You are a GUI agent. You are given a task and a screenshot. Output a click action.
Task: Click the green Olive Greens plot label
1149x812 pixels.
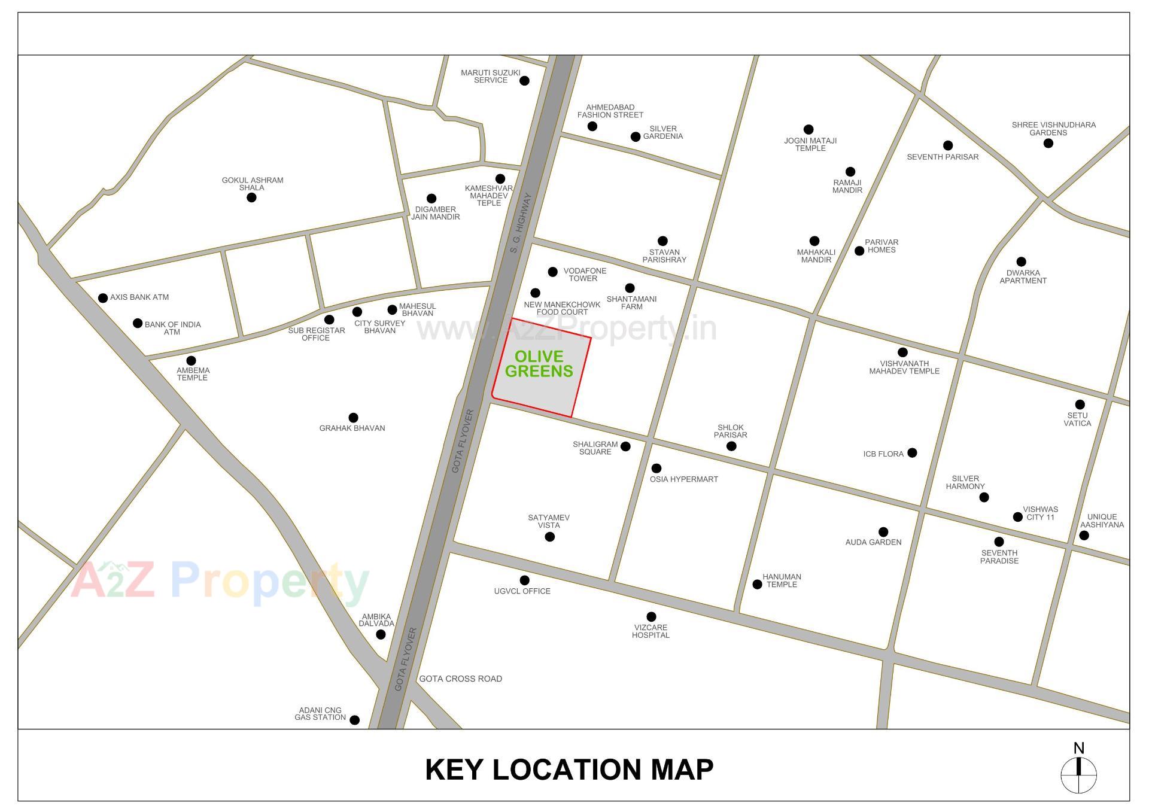(x=539, y=364)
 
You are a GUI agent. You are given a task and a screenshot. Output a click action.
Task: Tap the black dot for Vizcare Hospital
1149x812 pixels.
(x=651, y=616)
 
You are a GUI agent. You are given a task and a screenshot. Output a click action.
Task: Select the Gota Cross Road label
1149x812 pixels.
(x=460, y=679)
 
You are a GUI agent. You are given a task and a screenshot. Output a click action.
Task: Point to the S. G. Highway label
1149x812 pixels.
(x=521, y=222)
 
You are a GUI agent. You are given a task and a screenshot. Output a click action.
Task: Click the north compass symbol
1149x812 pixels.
(x=1078, y=775)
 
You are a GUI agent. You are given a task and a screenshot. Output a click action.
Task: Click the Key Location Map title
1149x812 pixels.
(x=569, y=770)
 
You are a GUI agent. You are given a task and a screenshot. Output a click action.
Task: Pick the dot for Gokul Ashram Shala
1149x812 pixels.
(x=251, y=197)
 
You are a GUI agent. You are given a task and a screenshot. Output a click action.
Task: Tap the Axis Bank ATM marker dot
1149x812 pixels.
(x=103, y=298)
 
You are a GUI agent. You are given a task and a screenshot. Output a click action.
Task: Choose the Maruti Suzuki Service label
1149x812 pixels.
(x=490, y=77)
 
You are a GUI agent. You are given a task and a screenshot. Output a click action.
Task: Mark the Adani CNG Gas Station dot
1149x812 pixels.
(x=354, y=720)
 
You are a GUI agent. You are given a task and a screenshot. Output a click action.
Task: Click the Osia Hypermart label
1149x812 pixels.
(x=683, y=479)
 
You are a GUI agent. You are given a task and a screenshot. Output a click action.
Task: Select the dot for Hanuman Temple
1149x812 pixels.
(x=757, y=585)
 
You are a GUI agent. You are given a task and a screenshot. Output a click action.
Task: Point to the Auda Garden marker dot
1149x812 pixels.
(x=883, y=532)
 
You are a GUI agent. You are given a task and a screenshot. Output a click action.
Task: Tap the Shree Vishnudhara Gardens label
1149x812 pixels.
(x=1053, y=129)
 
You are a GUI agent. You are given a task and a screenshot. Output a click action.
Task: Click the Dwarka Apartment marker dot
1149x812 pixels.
(x=1021, y=261)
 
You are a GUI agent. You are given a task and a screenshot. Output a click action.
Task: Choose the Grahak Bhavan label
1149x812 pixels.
(x=352, y=428)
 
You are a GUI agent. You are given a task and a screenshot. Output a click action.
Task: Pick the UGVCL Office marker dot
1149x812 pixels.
(x=524, y=580)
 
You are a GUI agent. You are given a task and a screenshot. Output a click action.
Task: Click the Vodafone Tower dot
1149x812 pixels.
(x=552, y=272)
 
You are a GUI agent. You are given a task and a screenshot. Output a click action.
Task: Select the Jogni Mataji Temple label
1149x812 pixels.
(x=810, y=144)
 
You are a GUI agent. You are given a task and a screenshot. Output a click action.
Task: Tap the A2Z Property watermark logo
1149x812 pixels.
(x=220, y=580)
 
